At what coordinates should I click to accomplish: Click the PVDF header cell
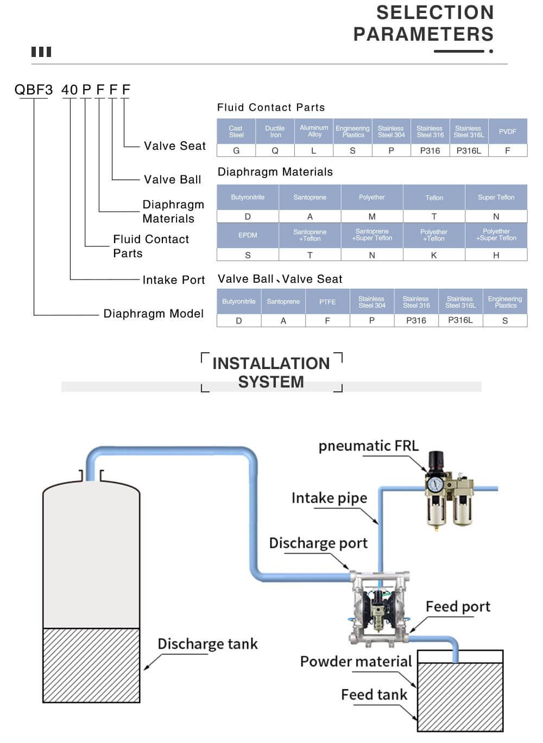click(x=507, y=131)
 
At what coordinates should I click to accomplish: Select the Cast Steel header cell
click(x=236, y=131)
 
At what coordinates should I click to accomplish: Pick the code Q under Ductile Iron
click(x=275, y=150)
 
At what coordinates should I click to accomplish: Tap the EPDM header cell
click(x=248, y=235)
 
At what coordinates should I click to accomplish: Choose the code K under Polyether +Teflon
click(x=434, y=255)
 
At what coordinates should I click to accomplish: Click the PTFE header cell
click(x=327, y=302)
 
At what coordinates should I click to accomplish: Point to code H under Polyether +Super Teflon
click(x=496, y=255)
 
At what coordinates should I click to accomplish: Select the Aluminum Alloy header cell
click(x=314, y=131)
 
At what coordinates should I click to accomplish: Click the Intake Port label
click(x=174, y=280)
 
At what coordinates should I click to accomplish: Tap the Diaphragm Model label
click(x=154, y=314)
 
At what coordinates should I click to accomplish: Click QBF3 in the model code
click(x=34, y=90)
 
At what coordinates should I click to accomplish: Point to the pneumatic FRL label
click(x=369, y=446)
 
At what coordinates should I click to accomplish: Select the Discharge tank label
click(x=207, y=644)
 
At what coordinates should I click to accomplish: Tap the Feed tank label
click(x=374, y=695)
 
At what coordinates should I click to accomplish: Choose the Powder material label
click(x=356, y=662)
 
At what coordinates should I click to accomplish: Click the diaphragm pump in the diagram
click(x=378, y=607)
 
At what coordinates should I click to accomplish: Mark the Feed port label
click(x=458, y=606)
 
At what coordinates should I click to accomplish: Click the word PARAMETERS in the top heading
click(x=424, y=34)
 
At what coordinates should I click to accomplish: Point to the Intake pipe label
click(x=329, y=498)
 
